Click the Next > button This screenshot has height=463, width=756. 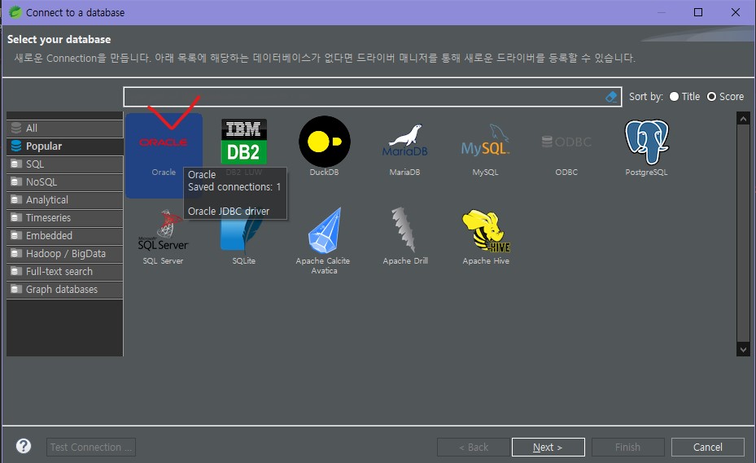coord(548,447)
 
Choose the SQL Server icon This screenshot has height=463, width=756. coord(163,231)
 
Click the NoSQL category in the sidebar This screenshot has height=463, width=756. coord(42,182)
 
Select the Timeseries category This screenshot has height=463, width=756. coord(48,218)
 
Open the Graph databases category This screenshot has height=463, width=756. coord(61,290)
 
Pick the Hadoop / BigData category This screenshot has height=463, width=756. coord(65,254)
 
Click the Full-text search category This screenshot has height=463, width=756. coord(59,272)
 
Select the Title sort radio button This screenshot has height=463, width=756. coord(674,97)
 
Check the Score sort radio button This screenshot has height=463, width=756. coord(711,97)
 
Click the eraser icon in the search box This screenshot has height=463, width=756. coord(612,97)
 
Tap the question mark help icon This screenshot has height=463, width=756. coord(24,446)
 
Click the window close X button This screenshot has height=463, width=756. coord(736,12)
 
